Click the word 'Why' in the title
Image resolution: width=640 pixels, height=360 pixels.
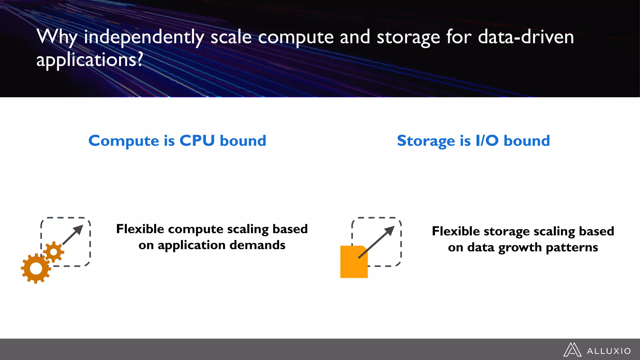pyautogui.click(x=57, y=37)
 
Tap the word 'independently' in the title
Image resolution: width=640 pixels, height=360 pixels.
pyautogui.click(x=144, y=37)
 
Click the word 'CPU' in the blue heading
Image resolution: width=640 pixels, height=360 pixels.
pyautogui.click(x=197, y=141)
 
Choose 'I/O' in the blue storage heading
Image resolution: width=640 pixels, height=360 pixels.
pyautogui.click(x=487, y=141)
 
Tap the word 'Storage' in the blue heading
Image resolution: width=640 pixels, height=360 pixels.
pyautogui.click(x=426, y=141)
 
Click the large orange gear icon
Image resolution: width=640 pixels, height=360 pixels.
pyautogui.click(x=36, y=268)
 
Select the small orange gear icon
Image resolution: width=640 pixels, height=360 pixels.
pyautogui.click(x=53, y=252)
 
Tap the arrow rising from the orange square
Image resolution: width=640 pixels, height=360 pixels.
pyautogui.click(x=377, y=242)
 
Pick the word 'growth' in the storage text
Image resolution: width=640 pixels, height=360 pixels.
pyautogui.click(x=520, y=247)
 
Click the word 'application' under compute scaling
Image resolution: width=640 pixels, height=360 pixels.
pyautogui.click(x=191, y=245)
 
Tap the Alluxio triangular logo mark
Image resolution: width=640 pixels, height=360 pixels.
pyautogui.click(x=572, y=350)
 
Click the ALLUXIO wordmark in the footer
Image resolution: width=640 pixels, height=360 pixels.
pyautogui.click(x=609, y=351)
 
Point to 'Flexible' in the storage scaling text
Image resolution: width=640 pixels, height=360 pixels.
pyautogui.click(x=456, y=231)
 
